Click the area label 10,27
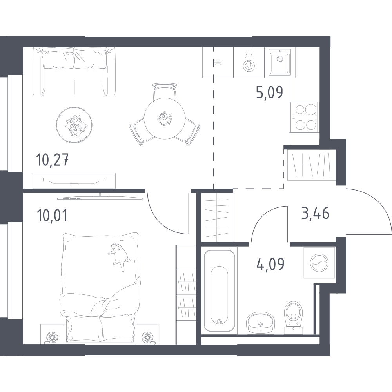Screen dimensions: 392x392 coord(52,160)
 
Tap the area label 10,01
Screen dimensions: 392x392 coord(52,215)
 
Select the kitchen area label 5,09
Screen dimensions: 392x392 coord(270,92)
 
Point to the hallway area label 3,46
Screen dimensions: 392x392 coord(315,214)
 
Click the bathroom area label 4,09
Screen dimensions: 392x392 coord(270,264)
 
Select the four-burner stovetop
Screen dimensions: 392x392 coord(304,117)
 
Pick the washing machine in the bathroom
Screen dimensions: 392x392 coord(319,263)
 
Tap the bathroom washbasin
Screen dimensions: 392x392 coord(261,323)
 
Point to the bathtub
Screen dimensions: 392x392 coord(219,291)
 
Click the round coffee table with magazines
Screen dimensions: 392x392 coord(74,125)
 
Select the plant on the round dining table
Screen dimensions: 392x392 coord(165,118)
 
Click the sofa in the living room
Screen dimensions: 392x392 coord(74,71)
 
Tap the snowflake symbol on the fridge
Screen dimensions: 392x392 coord(218,62)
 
